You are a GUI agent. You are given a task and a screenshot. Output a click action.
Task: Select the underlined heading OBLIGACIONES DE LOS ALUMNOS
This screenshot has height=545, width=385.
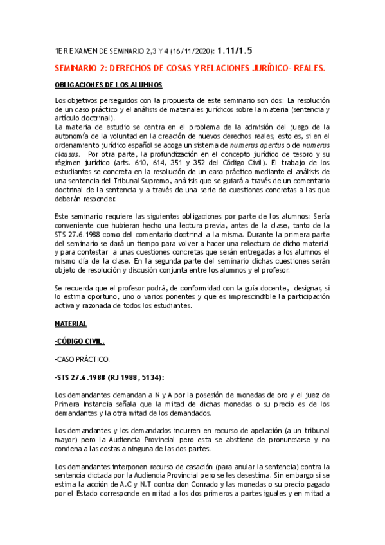108,85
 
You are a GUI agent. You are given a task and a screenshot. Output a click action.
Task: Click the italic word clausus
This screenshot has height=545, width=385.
67,155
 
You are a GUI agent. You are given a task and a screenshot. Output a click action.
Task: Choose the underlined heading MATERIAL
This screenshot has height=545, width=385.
71,324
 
